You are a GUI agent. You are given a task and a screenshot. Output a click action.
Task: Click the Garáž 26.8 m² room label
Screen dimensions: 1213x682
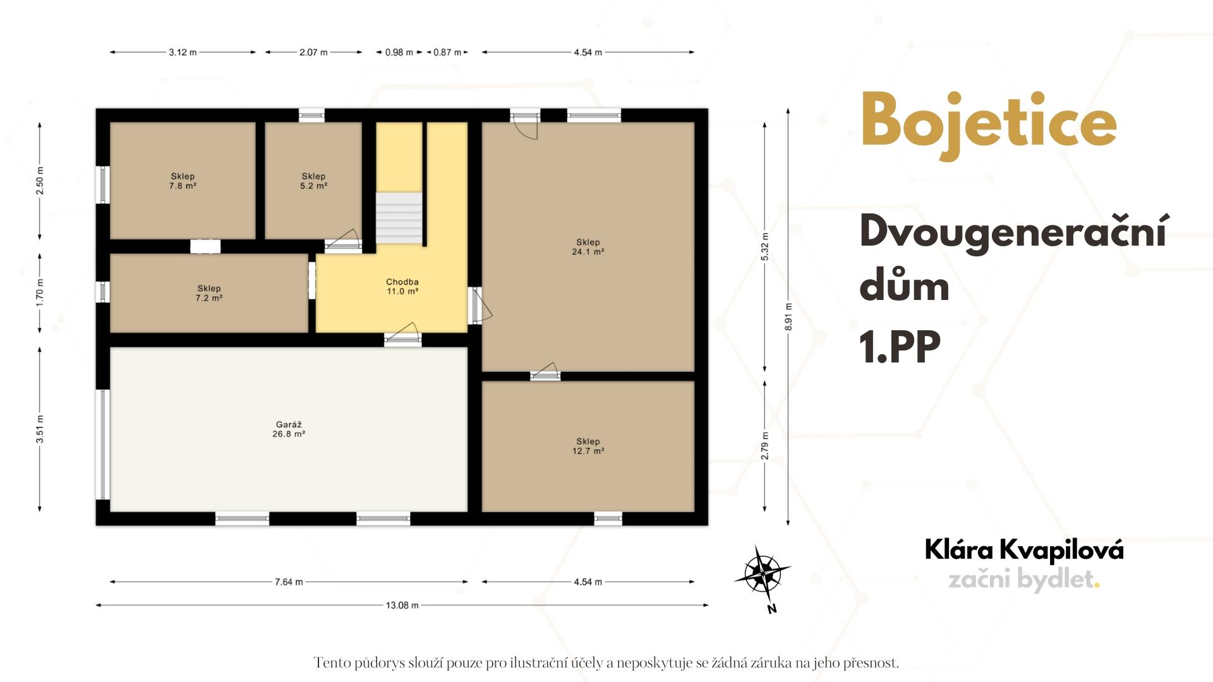pyautogui.click(x=289, y=429)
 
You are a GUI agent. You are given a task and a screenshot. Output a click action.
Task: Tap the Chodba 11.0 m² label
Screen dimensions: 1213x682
pyautogui.click(x=402, y=287)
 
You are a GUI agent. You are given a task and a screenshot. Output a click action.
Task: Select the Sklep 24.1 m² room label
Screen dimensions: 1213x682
pyautogui.click(x=588, y=247)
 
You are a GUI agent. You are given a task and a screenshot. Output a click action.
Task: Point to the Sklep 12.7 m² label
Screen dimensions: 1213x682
pyautogui.click(x=588, y=446)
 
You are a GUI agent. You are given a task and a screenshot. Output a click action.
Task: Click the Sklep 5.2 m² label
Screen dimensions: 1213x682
pyautogui.click(x=313, y=181)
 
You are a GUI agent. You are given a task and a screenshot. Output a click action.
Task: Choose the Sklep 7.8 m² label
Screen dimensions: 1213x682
pyautogui.click(x=183, y=181)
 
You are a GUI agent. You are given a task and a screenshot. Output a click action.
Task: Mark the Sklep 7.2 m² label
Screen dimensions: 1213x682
pyautogui.click(x=209, y=293)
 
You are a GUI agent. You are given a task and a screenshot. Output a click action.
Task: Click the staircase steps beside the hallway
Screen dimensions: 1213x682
pyautogui.click(x=399, y=218)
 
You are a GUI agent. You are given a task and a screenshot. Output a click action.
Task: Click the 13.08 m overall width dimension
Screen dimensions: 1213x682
pyautogui.click(x=402, y=605)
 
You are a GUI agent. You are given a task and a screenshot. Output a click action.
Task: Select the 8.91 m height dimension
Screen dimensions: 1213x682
pyautogui.click(x=788, y=316)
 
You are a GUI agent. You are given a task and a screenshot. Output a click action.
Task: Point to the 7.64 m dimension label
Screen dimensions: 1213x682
pyautogui.click(x=289, y=582)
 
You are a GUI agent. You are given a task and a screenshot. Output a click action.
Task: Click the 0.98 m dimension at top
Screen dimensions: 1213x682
pyautogui.click(x=399, y=52)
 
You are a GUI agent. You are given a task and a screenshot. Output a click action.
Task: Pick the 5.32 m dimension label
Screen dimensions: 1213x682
pyautogui.click(x=765, y=247)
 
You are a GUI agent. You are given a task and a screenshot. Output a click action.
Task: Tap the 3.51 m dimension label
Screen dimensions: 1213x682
pyautogui.click(x=40, y=429)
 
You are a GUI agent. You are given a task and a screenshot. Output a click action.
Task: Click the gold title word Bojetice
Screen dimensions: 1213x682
pyautogui.click(x=989, y=124)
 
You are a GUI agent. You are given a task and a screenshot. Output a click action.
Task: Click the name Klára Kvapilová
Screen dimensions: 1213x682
pyautogui.click(x=1024, y=550)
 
